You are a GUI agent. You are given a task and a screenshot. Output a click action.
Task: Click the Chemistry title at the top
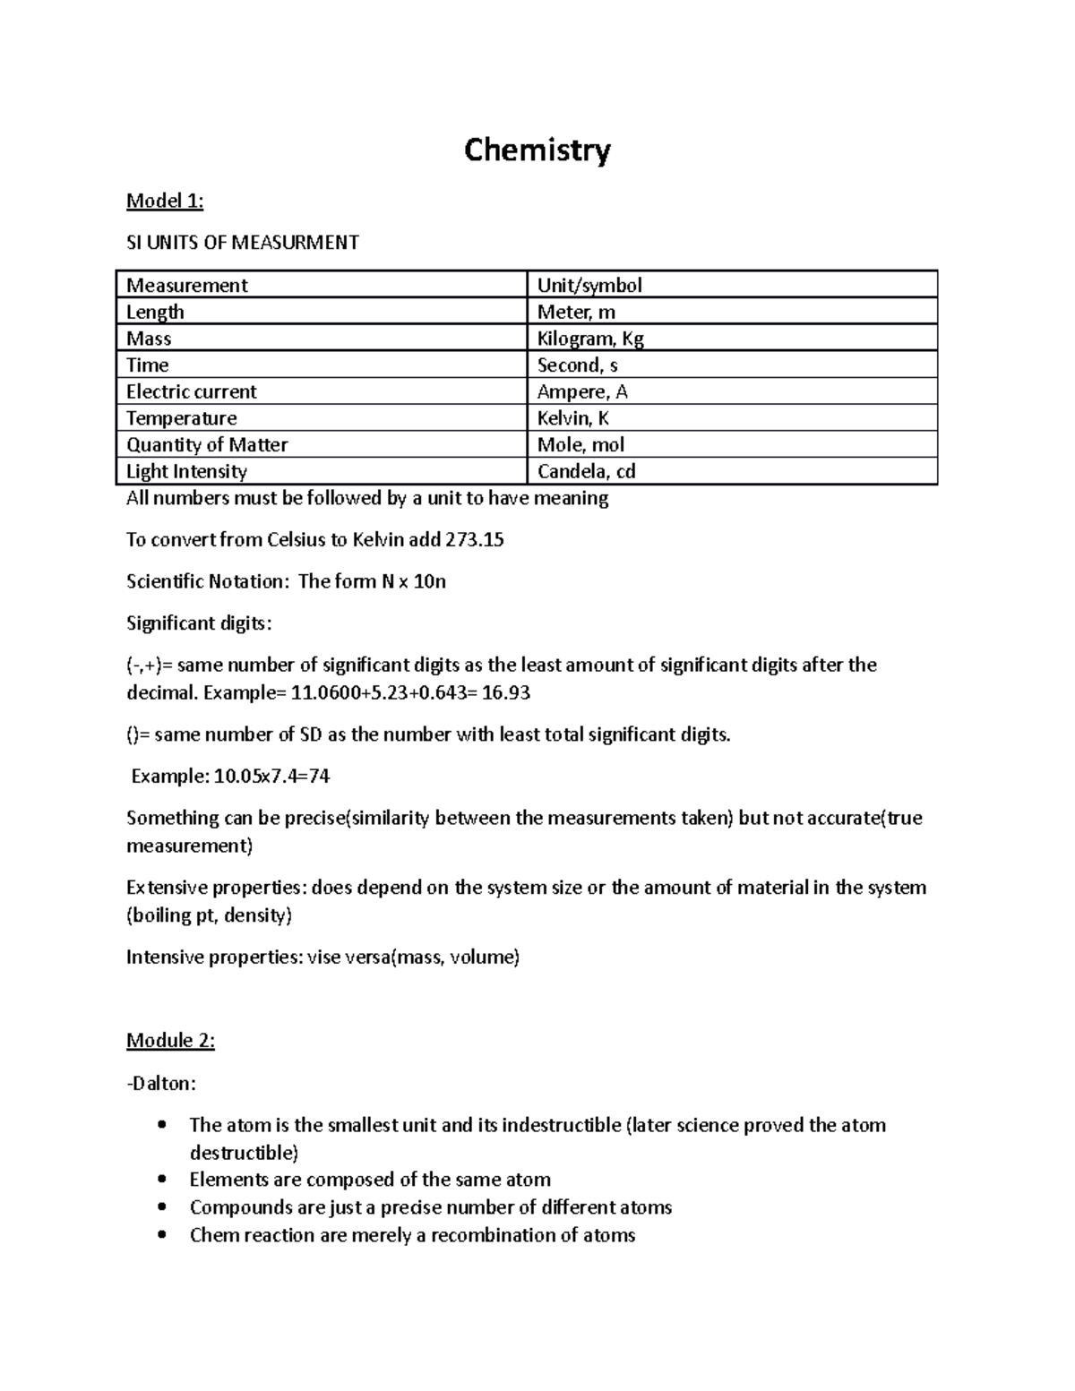[537, 150]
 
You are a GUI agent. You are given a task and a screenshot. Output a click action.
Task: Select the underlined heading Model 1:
[165, 201]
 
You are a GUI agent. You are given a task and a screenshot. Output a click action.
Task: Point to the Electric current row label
[191, 392]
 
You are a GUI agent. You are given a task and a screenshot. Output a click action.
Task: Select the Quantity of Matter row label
[207, 445]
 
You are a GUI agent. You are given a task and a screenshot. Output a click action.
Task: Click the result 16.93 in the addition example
[515, 693]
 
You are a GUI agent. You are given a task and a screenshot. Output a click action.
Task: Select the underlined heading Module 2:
[170, 1041]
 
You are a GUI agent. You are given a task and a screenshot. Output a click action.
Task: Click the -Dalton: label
[161, 1084]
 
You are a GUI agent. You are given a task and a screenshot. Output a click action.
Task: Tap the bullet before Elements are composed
[162, 1181]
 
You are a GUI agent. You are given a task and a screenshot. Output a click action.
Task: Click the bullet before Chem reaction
[162, 1236]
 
